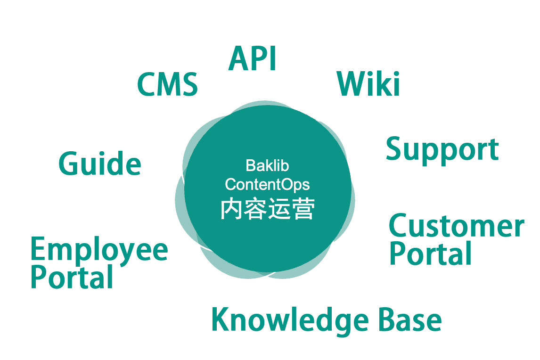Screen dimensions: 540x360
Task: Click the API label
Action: tap(252, 59)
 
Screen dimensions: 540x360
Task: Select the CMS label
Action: tap(167, 85)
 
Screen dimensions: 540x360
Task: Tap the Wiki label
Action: tap(368, 84)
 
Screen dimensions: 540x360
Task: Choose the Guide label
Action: tap(99, 164)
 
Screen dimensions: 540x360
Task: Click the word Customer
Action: tap(456, 226)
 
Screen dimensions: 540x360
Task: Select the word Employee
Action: tap(99, 251)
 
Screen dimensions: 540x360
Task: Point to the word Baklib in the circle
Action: tap(267, 166)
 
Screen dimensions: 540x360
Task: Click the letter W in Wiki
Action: tap(351, 84)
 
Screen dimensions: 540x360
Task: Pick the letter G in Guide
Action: tap(69, 164)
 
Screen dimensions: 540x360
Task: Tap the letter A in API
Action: tap(238, 59)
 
